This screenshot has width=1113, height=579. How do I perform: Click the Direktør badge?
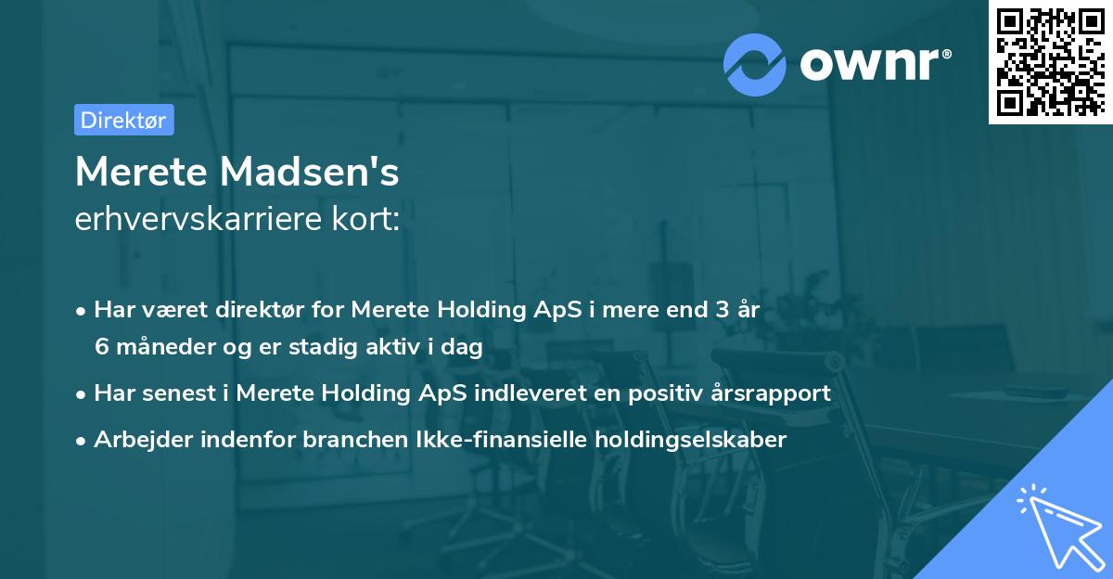point(123,120)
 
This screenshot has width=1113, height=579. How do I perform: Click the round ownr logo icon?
point(755,65)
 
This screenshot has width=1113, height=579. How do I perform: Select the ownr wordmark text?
point(873,65)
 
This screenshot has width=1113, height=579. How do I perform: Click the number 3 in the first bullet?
point(722,310)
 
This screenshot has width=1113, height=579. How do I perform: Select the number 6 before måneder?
point(100,346)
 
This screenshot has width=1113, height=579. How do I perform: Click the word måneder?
point(158,346)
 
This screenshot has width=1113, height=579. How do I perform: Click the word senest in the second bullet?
point(180,392)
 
